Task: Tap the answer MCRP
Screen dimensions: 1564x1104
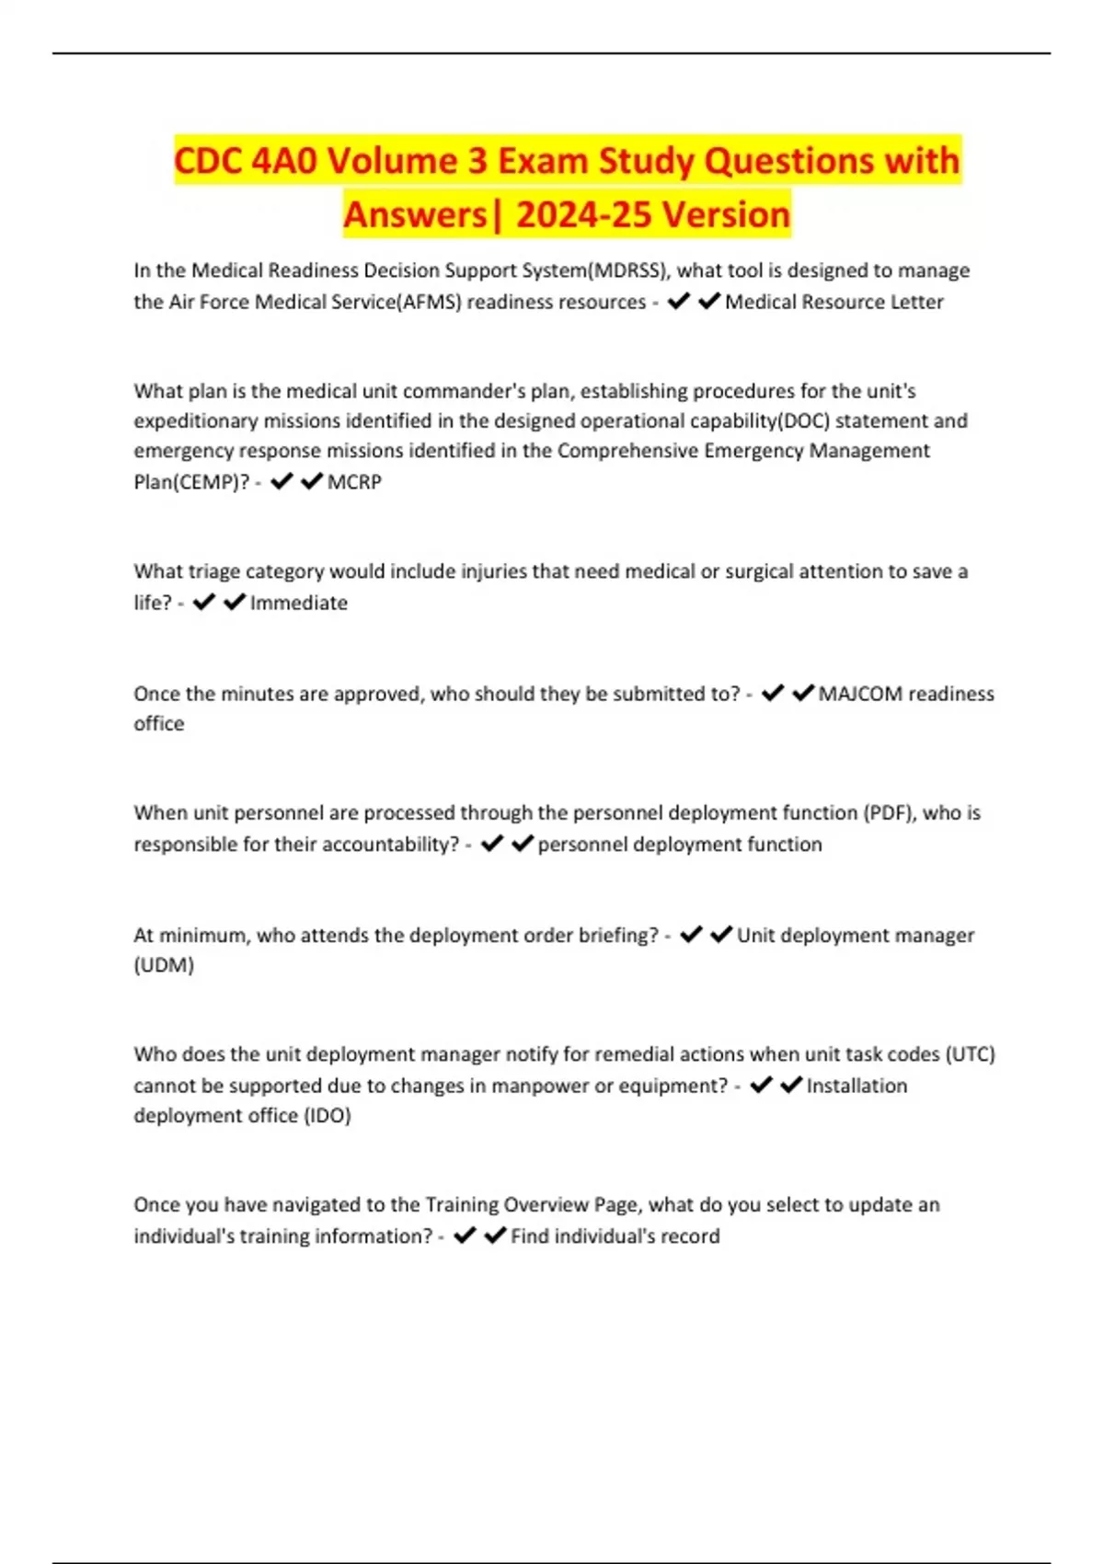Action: [x=354, y=482]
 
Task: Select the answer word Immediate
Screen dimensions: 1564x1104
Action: [x=299, y=604]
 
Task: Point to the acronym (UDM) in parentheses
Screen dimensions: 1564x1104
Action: [x=164, y=965]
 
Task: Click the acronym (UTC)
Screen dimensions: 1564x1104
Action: [x=970, y=1054]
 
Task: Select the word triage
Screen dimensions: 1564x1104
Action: [x=216, y=571]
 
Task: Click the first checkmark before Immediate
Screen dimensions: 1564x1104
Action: [x=204, y=603]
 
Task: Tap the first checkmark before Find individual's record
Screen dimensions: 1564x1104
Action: [x=465, y=1236]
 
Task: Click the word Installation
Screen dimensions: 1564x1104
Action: [x=857, y=1086]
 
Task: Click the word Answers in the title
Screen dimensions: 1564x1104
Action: [x=415, y=214]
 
